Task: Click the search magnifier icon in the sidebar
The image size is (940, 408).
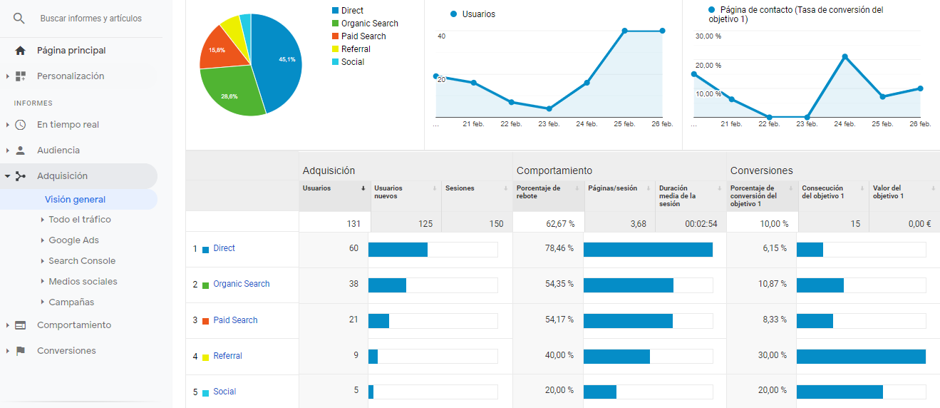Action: (x=19, y=19)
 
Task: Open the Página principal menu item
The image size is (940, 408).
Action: (x=71, y=51)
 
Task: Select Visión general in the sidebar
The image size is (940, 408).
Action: (x=75, y=200)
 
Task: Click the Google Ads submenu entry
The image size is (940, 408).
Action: (x=73, y=240)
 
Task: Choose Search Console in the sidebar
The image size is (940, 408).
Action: (x=82, y=261)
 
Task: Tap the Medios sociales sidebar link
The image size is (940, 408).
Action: (x=83, y=282)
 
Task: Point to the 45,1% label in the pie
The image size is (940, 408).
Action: (x=287, y=59)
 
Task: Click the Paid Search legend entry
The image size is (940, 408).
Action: (x=363, y=36)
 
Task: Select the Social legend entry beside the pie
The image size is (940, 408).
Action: (x=352, y=62)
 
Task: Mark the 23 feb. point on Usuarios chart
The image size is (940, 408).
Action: (x=549, y=108)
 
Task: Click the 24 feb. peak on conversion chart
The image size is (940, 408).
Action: (x=845, y=56)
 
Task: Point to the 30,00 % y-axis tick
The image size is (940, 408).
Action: (x=708, y=36)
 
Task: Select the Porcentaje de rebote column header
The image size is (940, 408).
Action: (x=538, y=192)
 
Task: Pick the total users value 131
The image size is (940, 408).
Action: (x=353, y=223)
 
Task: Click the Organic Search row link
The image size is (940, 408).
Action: (x=241, y=284)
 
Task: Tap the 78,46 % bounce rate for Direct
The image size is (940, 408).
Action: (x=559, y=248)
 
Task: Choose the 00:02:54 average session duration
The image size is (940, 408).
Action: (x=701, y=223)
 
